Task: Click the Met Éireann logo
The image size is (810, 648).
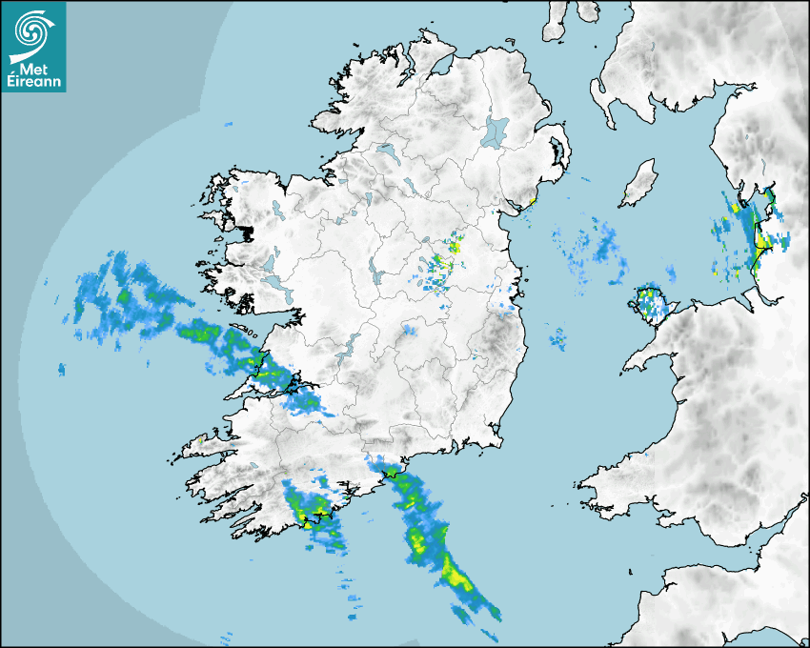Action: click(33, 47)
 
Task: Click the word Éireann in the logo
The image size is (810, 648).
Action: click(33, 81)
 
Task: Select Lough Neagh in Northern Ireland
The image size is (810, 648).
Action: click(496, 131)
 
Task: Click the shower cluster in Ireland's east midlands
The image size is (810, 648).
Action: click(443, 262)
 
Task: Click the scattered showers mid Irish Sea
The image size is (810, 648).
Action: click(596, 248)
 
